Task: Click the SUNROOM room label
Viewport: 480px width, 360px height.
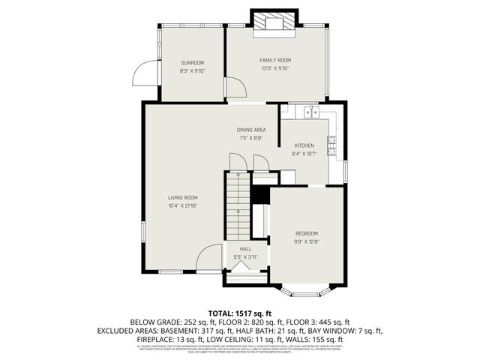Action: click(x=192, y=63)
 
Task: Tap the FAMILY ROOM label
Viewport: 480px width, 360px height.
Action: click(x=275, y=60)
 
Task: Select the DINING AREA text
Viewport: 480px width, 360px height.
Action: click(x=251, y=130)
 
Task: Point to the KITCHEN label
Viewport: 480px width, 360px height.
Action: click(x=304, y=145)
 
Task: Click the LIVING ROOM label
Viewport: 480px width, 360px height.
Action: click(x=182, y=197)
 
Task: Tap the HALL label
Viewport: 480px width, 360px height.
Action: click(x=245, y=249)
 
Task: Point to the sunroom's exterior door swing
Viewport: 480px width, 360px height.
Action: click(x=143, y=74)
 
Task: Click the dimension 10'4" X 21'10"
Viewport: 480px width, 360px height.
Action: click(x=182, y=205)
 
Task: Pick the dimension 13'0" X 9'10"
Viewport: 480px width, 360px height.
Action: click(x=275, y=68)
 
